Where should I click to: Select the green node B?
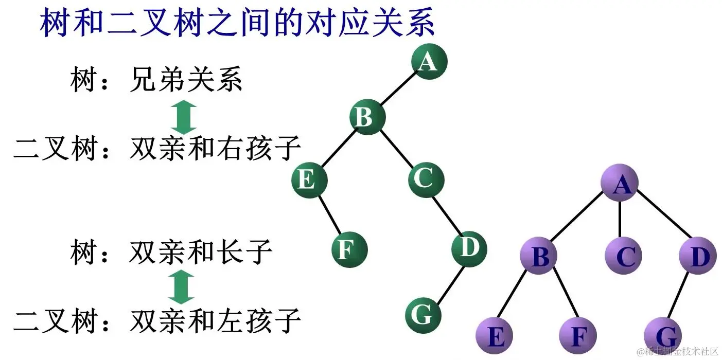[367, 117]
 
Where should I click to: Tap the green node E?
[309, 181]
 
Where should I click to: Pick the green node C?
[426, 179]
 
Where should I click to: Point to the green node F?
[349, 250]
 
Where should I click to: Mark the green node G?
[423, 314]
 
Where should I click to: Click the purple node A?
[620, 184]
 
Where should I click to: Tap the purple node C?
[623, 256]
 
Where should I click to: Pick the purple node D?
[698, 256]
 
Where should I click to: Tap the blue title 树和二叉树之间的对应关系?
[237, 23]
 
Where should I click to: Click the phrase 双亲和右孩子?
[215, 149]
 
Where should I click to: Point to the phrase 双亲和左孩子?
[215, 321]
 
